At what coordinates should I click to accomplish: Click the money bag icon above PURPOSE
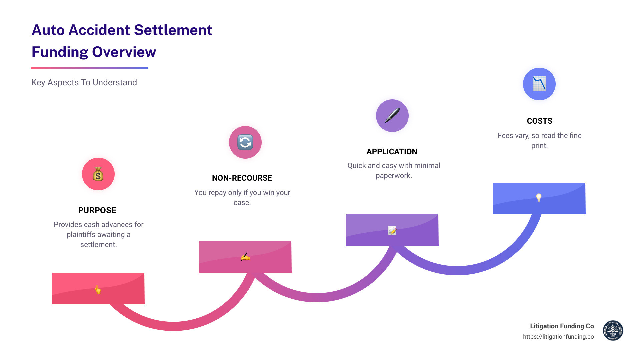pos(98,174)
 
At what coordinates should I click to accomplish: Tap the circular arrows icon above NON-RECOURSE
pos(245,142)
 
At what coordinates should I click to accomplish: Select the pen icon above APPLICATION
pos(392,116)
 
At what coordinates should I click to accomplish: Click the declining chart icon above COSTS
pos(539,84)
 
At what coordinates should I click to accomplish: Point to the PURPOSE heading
pos(97,210)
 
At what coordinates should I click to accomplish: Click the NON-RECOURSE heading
pos(242,178)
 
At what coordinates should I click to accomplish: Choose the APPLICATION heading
pos(392,152)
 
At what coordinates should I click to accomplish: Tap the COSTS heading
pos(539,121)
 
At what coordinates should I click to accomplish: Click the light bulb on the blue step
pos(539,198)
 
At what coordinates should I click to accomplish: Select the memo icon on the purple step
pos(392,230)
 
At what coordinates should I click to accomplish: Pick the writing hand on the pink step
pos(245,257)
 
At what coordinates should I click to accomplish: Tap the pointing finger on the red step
pos(98,289)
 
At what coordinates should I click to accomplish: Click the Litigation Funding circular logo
pos(613,331)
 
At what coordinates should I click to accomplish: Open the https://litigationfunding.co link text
pos(558,337)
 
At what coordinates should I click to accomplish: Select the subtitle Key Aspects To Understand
pos(84,82)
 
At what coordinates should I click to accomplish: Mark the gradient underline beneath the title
pos(89,68)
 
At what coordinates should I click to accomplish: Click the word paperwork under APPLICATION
pos(394,176)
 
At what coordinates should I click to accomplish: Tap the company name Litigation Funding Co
pos(562,326)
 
